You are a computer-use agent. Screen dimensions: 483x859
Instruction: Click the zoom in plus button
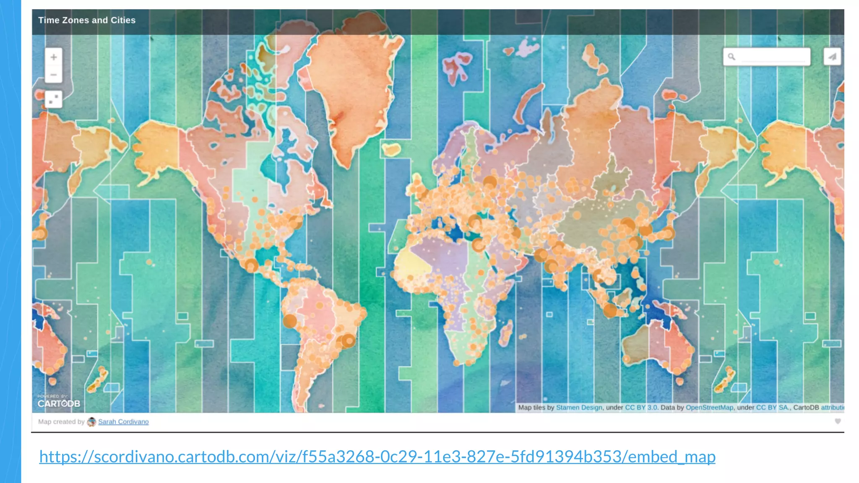click(x=54, y=57)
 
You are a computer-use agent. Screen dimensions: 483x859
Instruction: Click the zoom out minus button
click(x=54, y=75)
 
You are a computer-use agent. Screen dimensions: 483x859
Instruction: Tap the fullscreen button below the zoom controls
click(x=54, y=99)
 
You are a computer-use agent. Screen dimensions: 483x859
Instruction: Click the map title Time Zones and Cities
click(x=87, y=20)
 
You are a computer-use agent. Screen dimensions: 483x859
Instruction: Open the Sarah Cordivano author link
click(x=123, y=422)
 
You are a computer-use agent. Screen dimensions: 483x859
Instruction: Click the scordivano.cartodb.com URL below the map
click(x=377, y=457)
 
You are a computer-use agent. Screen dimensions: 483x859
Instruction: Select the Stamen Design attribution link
click(x=579, y=408)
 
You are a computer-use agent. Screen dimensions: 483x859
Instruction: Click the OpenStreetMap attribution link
click(x=709, y=408)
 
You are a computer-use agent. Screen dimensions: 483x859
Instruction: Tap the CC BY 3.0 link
click(x=641, y=408)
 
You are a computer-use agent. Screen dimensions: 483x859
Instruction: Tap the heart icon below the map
click(x=838, y=421)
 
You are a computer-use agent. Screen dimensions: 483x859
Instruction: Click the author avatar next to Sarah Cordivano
click(x=91, y=422)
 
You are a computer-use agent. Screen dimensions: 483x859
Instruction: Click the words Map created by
click(x=61, y=422)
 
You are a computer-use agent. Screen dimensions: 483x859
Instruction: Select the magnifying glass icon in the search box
click(x=731, y=57)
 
